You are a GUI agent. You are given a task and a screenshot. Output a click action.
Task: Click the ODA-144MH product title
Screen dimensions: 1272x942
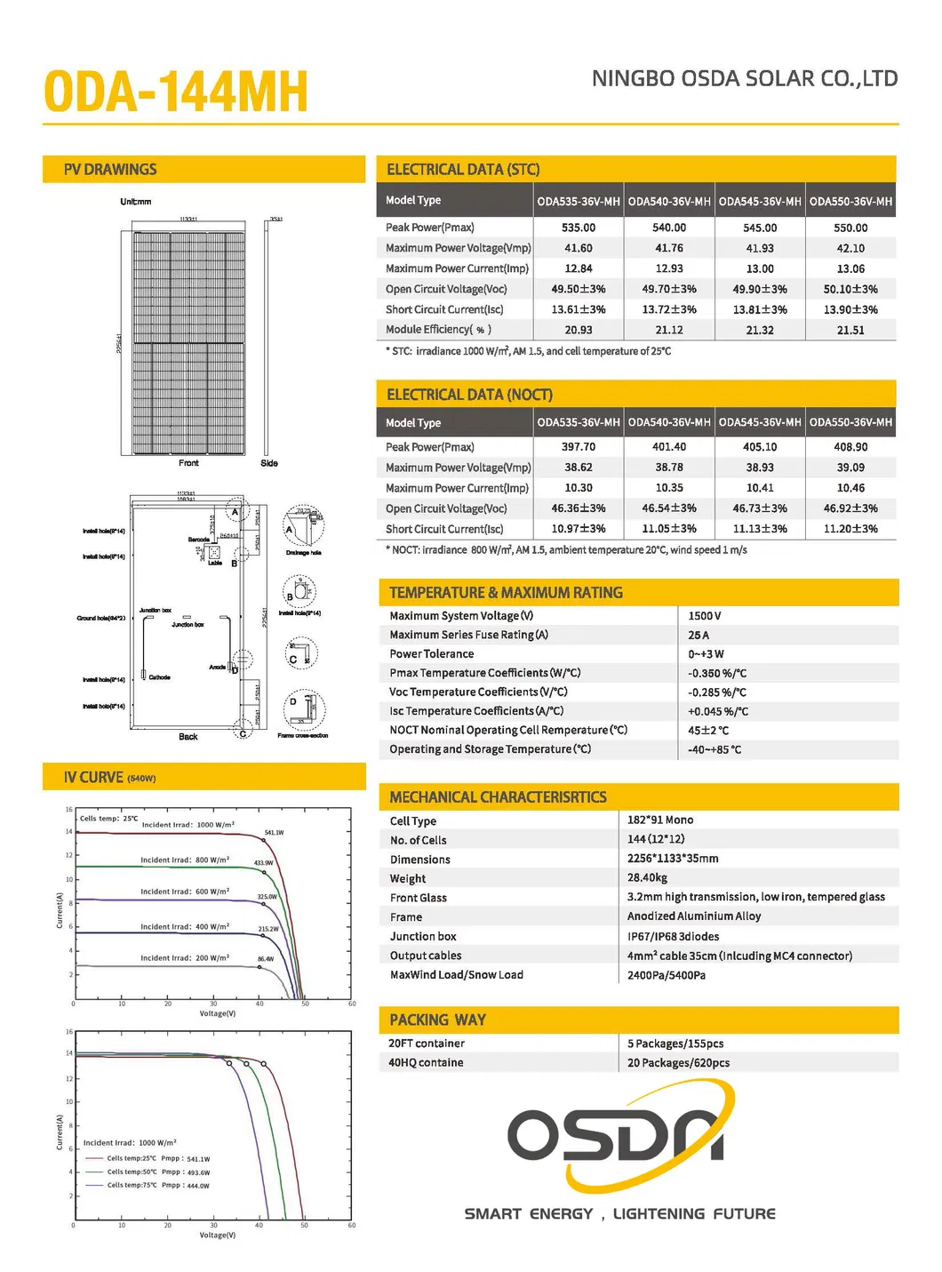(x=175, y=92)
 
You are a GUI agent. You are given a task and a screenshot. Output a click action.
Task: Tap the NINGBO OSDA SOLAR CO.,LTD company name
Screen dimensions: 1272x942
(x=745, y=79)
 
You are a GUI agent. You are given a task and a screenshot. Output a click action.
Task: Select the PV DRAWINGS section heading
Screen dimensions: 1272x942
(x=110, y=170)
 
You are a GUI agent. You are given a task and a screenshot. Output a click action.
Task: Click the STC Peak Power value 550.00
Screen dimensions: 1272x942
(x=850, y=228)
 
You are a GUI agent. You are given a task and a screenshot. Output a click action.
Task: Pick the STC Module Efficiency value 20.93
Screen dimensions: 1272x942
(x=579, y=330)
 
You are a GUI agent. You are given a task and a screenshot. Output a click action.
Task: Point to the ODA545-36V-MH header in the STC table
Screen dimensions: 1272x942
(x=760, y=202)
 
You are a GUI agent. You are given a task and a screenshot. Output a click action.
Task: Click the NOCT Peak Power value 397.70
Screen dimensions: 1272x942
(x=579, y=447)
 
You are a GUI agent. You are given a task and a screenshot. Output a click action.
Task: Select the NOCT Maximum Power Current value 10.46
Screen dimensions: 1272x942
(x=850, y=488)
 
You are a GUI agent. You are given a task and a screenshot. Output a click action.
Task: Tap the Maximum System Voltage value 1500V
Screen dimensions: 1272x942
(x=705, y=616)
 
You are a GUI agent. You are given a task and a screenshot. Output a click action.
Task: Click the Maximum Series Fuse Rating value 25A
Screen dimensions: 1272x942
(x=699, y=636)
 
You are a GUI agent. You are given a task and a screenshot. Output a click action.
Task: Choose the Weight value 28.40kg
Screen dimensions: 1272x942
(x=647, y=878)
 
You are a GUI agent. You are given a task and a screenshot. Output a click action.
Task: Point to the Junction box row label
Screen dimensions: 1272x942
(x=423, y=937)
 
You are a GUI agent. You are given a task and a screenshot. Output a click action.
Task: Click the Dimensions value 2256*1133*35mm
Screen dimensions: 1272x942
(x=673, y=859)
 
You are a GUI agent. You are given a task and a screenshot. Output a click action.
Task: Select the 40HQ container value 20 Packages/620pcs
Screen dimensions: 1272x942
(x=678, y=1063)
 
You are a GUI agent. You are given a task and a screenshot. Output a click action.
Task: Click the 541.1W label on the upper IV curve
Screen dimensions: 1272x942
(x=274, y=833)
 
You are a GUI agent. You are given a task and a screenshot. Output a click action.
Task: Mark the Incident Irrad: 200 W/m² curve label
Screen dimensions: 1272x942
(x=185, y=958)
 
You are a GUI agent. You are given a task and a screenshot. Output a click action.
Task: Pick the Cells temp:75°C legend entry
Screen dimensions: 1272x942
(x=148, y=1186)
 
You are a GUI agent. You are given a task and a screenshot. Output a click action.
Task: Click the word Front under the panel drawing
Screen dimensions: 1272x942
(x=188, y=463)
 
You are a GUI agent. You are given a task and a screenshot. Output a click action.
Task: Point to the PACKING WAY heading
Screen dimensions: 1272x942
(x=437, y=1020)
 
